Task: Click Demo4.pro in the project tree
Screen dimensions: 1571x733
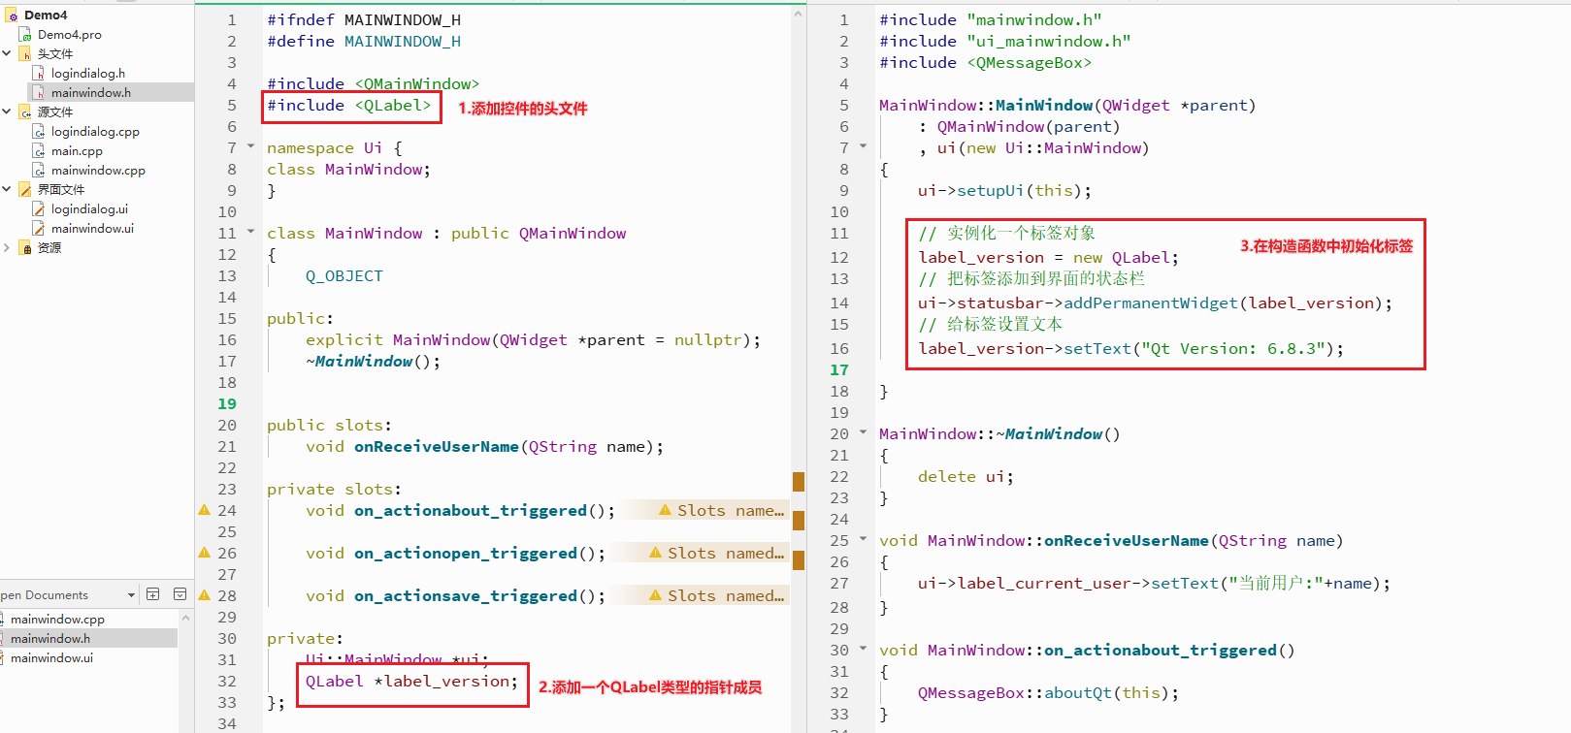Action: pos(70,34)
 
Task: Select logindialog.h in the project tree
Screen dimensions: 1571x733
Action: pos(88,73)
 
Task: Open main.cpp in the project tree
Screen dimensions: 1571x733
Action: pos(77,150)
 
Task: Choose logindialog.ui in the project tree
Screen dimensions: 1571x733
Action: pos(90,208)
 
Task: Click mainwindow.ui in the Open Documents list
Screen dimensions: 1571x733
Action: pos(51,658)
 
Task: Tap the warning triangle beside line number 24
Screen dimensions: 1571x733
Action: pos(204,510)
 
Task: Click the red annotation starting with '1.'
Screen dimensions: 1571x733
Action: pos(522,109)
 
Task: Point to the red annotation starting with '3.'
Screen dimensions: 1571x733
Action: pos(1326,246)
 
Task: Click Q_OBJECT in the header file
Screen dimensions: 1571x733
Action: pos(344,276)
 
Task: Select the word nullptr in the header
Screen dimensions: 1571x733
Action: pos(707,340)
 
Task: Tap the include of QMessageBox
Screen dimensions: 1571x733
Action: pos(985,62)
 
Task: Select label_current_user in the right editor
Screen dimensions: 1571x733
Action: pos(1044,583)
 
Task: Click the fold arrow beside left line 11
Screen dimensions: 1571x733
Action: pos(250,232)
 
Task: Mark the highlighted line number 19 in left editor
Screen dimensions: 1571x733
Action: pos(227,403)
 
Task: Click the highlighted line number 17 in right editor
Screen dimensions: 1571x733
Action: pos(839,370)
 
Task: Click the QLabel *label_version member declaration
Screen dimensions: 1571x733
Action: pos(411,682)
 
